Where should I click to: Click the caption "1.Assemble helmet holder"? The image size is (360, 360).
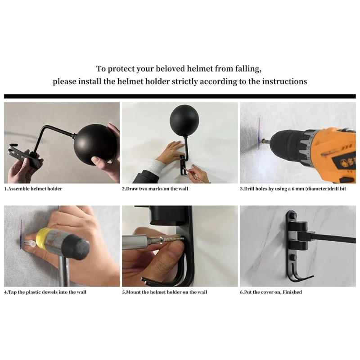pyautogui.click(x=33, y=189)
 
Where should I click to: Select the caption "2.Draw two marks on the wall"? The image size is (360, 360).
pyautogui.click(x=155, y=189)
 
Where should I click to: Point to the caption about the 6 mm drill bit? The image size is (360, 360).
pyautogui.click(x=293, y=189)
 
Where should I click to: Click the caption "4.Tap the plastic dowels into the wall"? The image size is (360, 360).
pyautogui.click(x=45, y=292)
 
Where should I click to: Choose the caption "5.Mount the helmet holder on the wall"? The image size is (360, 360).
pyautogui.click(x=164, y=292)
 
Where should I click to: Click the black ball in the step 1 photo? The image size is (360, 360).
pyautogui.click(x=94, y=143)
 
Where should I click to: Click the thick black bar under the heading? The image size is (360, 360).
pyautogui.click(x=180, y=96)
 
